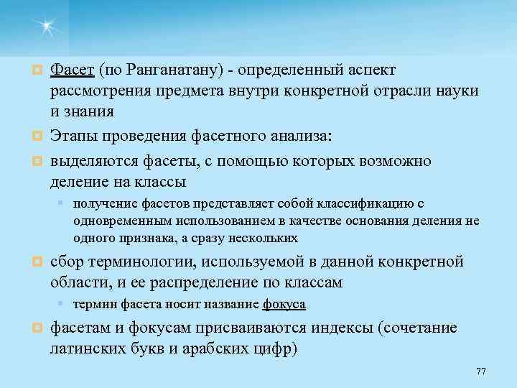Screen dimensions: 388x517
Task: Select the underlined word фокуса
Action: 284,304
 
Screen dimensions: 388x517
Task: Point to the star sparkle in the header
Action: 47,27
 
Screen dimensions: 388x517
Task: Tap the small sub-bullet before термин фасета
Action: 62,304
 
